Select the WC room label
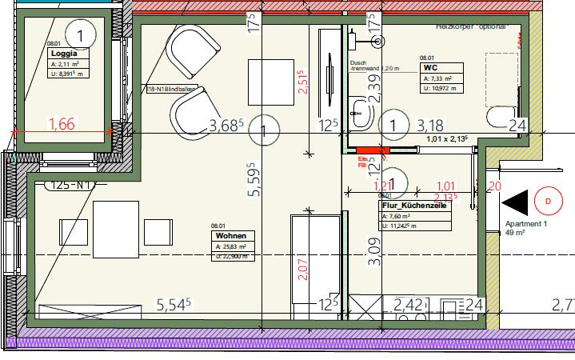(x=429, y=68)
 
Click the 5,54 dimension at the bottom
(x=177, y=304)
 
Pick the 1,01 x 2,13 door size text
(x=449, y=139)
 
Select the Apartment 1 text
(x=521, y=225)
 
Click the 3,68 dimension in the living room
(x=226, y=125)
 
